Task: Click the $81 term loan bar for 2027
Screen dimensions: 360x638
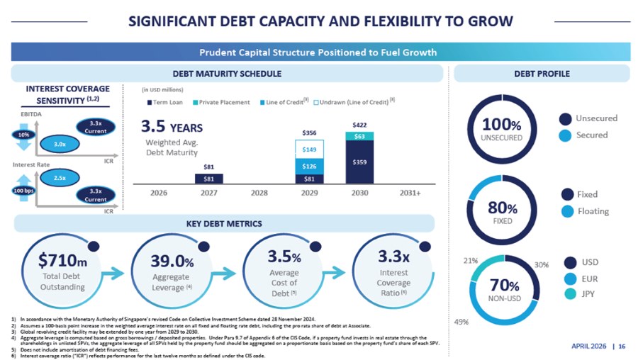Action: click(208, 179)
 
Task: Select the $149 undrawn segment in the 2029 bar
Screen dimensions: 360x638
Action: click(308, 150)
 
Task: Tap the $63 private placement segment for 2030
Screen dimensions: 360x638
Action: click(359, 136)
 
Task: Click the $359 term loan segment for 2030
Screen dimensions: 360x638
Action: click(359, 162)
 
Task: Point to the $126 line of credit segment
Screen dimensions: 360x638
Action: click(308, 167)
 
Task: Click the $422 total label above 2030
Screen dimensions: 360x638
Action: click(359, 125)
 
